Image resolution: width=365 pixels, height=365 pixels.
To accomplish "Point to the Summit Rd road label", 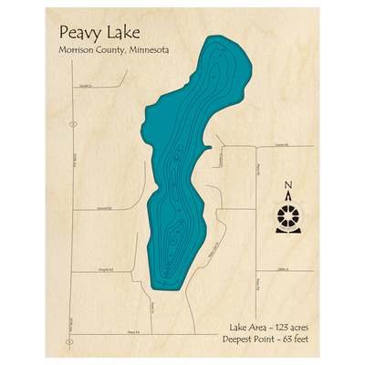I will click(103, 208).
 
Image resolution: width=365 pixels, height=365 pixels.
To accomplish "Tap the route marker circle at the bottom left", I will click(70, 342).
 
